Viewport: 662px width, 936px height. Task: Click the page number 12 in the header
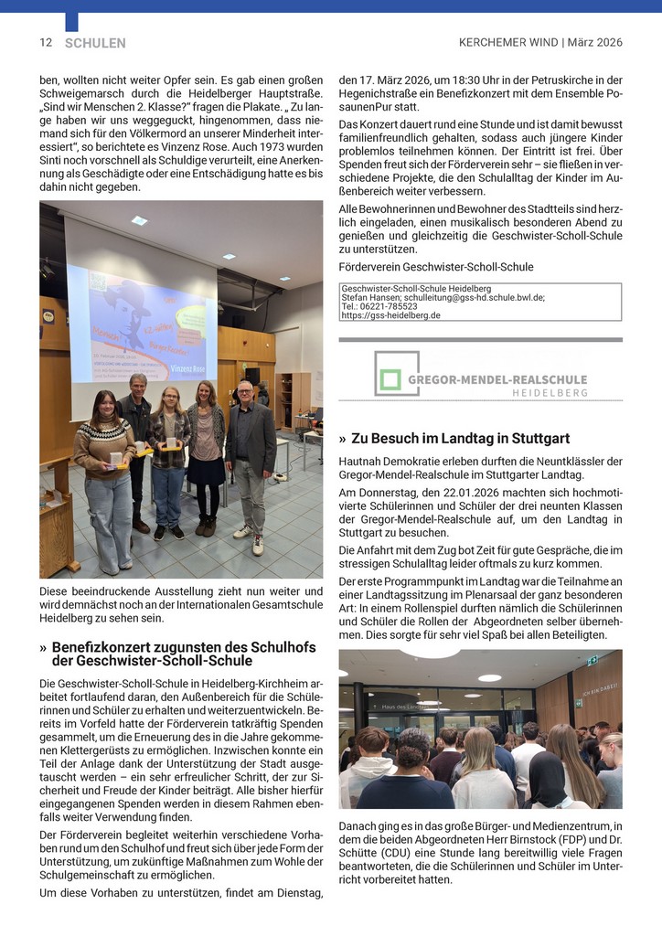click(x=46, y=42)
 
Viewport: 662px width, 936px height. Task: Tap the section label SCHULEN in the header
click(x=95, y=43)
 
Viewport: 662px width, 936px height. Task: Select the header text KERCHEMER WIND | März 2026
click(x=540, y=42)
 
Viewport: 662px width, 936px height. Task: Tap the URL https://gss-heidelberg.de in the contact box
click(x=390, y=315)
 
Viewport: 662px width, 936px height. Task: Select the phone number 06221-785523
click(x=396, y=306)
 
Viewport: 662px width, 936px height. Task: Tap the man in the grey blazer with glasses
click(x=249, y=463)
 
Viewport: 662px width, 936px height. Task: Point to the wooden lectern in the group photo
click(x=59, y=530)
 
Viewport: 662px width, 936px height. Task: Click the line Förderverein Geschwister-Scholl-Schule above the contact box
click(x=436, y=267)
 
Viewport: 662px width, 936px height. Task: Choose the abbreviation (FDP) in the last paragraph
click(x=545, y=836)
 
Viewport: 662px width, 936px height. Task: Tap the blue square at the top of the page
click(x=71, y=21)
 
